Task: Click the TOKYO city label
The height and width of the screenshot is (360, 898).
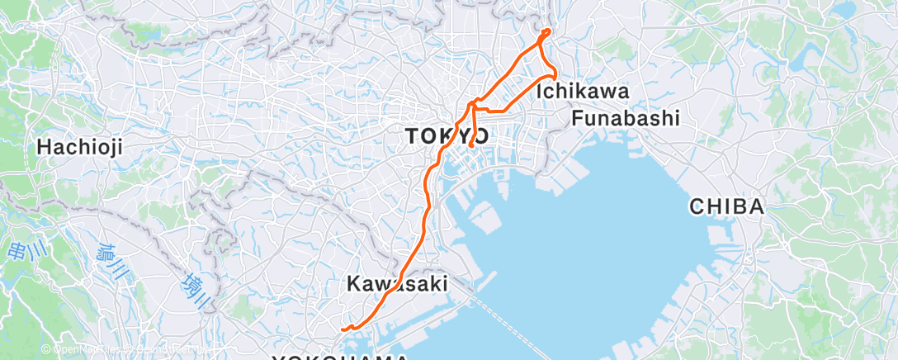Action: point(447,136)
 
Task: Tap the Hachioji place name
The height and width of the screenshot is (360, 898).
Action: point(80,147)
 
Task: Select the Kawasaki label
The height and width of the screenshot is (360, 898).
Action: point(397,284)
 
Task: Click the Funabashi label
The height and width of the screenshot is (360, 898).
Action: point(626,118)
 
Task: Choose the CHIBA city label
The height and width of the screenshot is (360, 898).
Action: point(726,206)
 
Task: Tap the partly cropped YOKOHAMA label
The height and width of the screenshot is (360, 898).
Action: point(341,357)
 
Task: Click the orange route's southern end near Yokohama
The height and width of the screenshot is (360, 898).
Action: point(341,329)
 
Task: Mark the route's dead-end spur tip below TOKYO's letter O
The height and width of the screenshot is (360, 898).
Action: point(470,146)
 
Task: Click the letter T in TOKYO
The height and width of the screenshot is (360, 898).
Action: point(412,136)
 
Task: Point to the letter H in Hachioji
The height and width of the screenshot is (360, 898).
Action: point(44,147)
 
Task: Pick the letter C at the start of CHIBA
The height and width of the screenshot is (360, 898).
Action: point(697,206)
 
